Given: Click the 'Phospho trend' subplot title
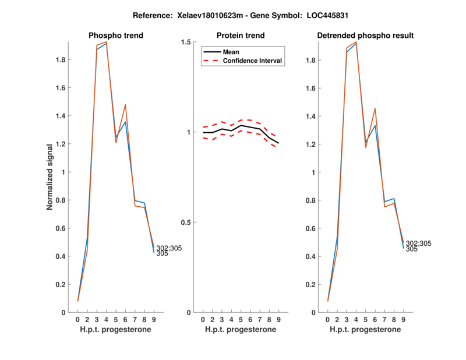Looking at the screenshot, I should (x=115, y=36).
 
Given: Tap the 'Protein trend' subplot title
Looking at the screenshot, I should (x=240, y=36).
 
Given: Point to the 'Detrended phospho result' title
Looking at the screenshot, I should (x=365, y=36).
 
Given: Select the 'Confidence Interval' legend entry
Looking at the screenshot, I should (x=253, y=60).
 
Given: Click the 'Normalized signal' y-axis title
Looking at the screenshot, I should (x=50, y=177).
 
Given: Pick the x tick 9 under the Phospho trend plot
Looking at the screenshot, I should (x=154, y=320).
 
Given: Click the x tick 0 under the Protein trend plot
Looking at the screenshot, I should (x=203, y=320).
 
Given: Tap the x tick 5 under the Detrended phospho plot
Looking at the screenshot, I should (x=366, y=320).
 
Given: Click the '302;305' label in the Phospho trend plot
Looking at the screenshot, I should (x=169, y=248).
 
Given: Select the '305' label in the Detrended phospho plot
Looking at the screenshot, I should (x=411, y=249).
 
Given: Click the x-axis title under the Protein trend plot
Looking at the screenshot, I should (x=240, y=330).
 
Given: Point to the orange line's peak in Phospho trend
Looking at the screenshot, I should (x=106, y=42).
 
